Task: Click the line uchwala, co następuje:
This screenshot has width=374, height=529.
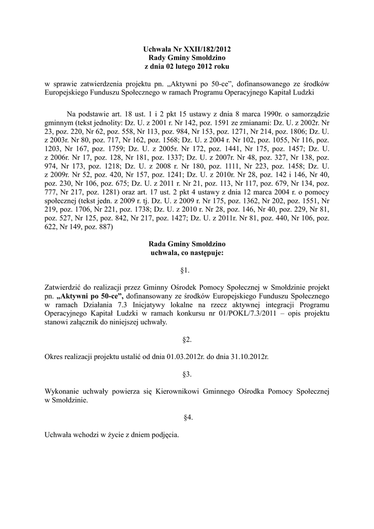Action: click(186, 253)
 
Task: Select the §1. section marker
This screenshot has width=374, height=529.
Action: click(186, 270)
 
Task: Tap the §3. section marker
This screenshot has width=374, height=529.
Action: click(186, 374)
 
